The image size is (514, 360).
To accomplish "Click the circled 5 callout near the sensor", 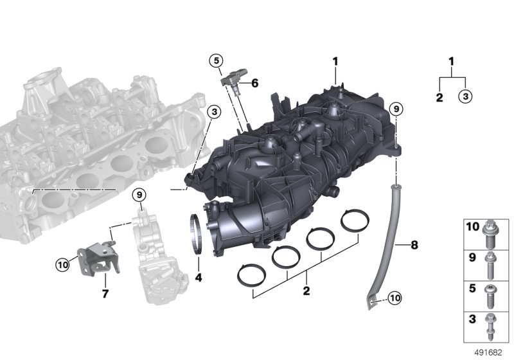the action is [x=216, y=60].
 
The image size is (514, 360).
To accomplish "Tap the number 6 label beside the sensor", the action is [x=254, y=84].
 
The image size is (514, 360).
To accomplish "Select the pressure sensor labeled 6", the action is [x=235, y=80].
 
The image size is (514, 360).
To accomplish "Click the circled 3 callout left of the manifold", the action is [x=215, y=112].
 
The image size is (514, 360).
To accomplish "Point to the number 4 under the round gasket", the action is [x=199, y=278].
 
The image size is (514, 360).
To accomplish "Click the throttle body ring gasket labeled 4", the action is [x=196, y=233].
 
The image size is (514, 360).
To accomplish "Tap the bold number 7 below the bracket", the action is [x=105, y=293].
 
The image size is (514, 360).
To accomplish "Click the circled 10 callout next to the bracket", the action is [x=62, y=264].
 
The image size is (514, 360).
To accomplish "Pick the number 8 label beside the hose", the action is [x=414, y=244].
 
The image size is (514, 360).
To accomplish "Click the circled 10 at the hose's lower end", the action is [x=394, y=298].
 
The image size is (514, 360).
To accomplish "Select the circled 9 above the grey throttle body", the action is [x=139, y=195].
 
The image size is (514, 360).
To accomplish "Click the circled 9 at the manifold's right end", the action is [x=396, y=109].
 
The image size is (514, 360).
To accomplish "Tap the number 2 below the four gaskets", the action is [x=306, y=291].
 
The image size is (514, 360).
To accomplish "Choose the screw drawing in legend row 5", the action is [x=491, y=296].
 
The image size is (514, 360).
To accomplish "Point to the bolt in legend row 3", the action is [x=491, y=327].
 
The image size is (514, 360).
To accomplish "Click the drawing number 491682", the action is [x=488, y=353].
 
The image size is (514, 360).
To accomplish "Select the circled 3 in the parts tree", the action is [x=465, y=96].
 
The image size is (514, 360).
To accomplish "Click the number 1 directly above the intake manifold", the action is [x=335, y=61].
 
